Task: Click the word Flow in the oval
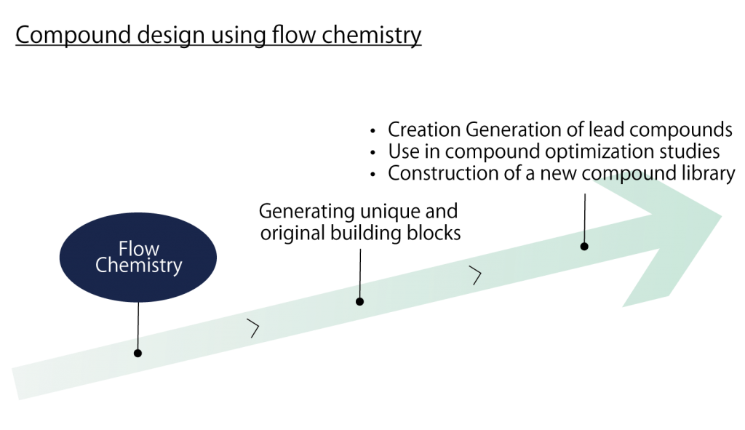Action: pyautogui.click(x=138, y=250)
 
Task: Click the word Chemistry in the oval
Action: pyautogui.click(x=138, y=266)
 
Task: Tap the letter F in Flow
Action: pyautogui.click(x=123, y=250)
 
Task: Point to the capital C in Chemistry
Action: pyautogui.click(x=101, y=266)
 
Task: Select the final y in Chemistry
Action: pyautogui.click(x=178, y=267)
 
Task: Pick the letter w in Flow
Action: pyautogui.click(x=152, y=250)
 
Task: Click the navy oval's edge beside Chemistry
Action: pyautogui.click(x=214, y=266)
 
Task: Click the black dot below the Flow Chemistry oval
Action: pyautogui.click(x=138, y=353)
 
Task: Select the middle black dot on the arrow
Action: pyautogui.click(x=359, y=301)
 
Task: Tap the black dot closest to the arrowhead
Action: pyautogui.click(x=584, y=247)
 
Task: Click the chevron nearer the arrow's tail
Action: pyautogui.click(x=253, y=328)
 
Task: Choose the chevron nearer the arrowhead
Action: pyautogui.click(x=476, y=276)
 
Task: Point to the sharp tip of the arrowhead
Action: pyautogui.click(x=721, y=215)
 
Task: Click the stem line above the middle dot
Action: pyautogui.click(x=360, y=290)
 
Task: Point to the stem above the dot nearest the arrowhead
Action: pyautogui.click(x=584, y=236)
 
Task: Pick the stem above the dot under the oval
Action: pyautogui.click(x=138, y=342)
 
